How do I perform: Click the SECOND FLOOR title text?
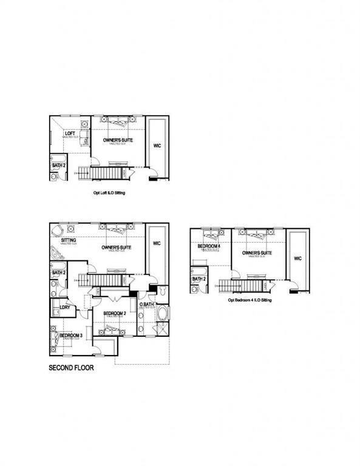pyautogui.click(x=71, y=368)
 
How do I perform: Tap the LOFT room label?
pyautogui.click(x=70, y=133)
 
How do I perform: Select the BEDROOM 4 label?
pyautogui.click(x=208, y=246)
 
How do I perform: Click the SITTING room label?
pyautogui.click(x=68, y=240)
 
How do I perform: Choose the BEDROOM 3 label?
pyautogui.click(x=72, y=335)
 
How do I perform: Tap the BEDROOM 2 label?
pyautogui.click(x=114, y=313)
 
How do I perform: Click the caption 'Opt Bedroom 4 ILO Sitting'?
pyautogui.click(x=250, y=300)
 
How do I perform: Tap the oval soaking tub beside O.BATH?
pyautogui.click(x=162, y=314)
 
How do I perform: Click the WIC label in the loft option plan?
pyautogui.click(x=157, y=146)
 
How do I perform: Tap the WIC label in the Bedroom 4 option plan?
pyautogui.click(x=297, y=258)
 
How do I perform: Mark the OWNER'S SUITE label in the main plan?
pyautogui.click(x=117, y=248)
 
